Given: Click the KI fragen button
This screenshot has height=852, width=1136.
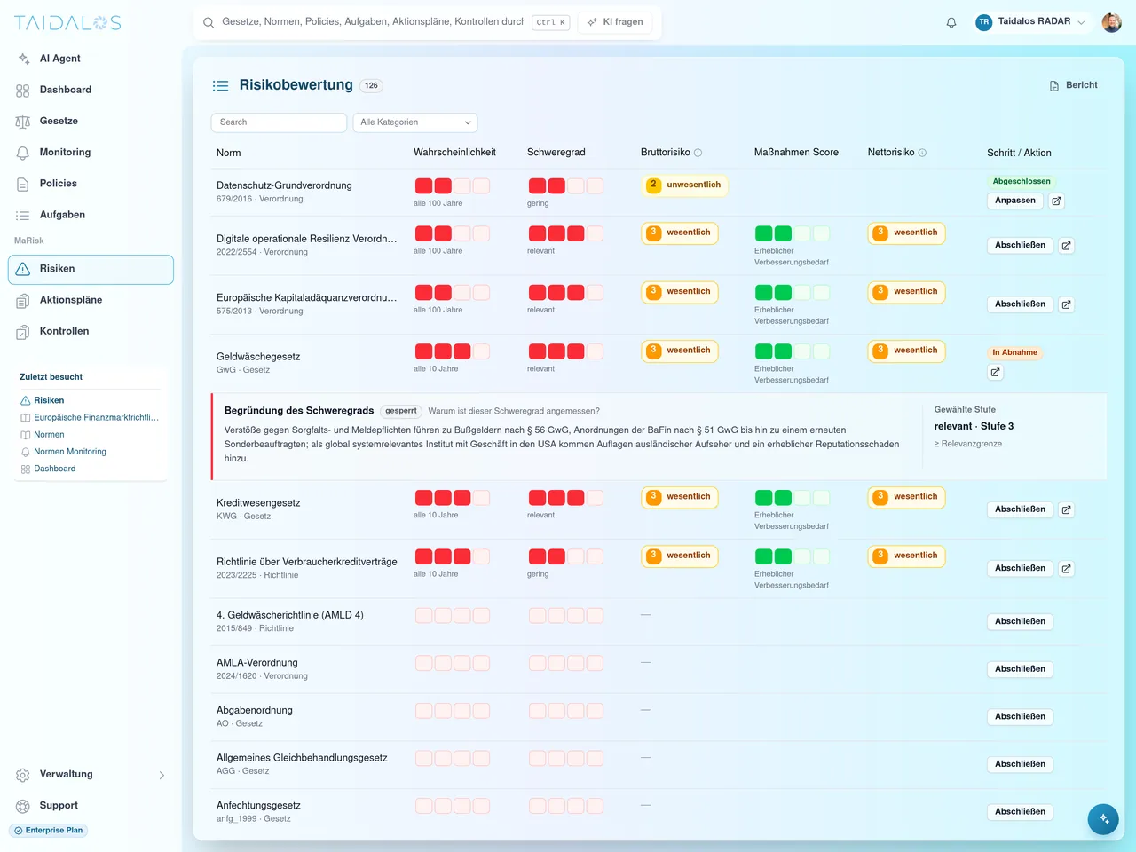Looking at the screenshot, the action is (x=615, y=21).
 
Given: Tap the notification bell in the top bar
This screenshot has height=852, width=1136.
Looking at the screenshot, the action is (x=951, y=22).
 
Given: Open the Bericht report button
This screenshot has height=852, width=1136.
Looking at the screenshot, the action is (x=1073, y=85).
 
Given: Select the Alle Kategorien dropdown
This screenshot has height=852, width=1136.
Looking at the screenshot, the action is (x=415, y=122).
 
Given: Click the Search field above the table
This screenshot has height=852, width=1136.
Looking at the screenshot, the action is (x=279, y=122).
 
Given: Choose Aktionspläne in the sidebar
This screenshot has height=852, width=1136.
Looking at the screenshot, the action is (x=71, y=300).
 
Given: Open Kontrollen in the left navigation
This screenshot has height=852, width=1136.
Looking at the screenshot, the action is (x=64, y=331).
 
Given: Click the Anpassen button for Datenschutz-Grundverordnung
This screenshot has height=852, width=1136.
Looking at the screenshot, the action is (x=1014, y=201).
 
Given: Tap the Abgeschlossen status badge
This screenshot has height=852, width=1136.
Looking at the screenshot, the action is (x=1021, y=181).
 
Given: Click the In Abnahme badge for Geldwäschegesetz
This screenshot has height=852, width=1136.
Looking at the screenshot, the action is (x=1014, y=352).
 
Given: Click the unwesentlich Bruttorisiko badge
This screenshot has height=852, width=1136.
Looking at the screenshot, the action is (x=684, y=185).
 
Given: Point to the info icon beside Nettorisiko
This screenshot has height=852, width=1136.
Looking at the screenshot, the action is (x=922, y=153).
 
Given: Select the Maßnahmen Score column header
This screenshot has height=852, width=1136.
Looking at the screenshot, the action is (x=796, y=152).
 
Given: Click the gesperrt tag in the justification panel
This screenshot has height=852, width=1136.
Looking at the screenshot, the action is (x=400, y=411).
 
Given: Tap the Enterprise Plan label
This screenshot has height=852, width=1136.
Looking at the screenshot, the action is (x=49, y=831).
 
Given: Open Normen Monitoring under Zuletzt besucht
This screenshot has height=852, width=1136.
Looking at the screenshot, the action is (x=70, y=452).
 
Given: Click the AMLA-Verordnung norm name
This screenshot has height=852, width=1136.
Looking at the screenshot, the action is (x=256, y=663).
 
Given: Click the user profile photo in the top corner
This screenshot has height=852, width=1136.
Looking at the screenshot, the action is (x=1111, y=22).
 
